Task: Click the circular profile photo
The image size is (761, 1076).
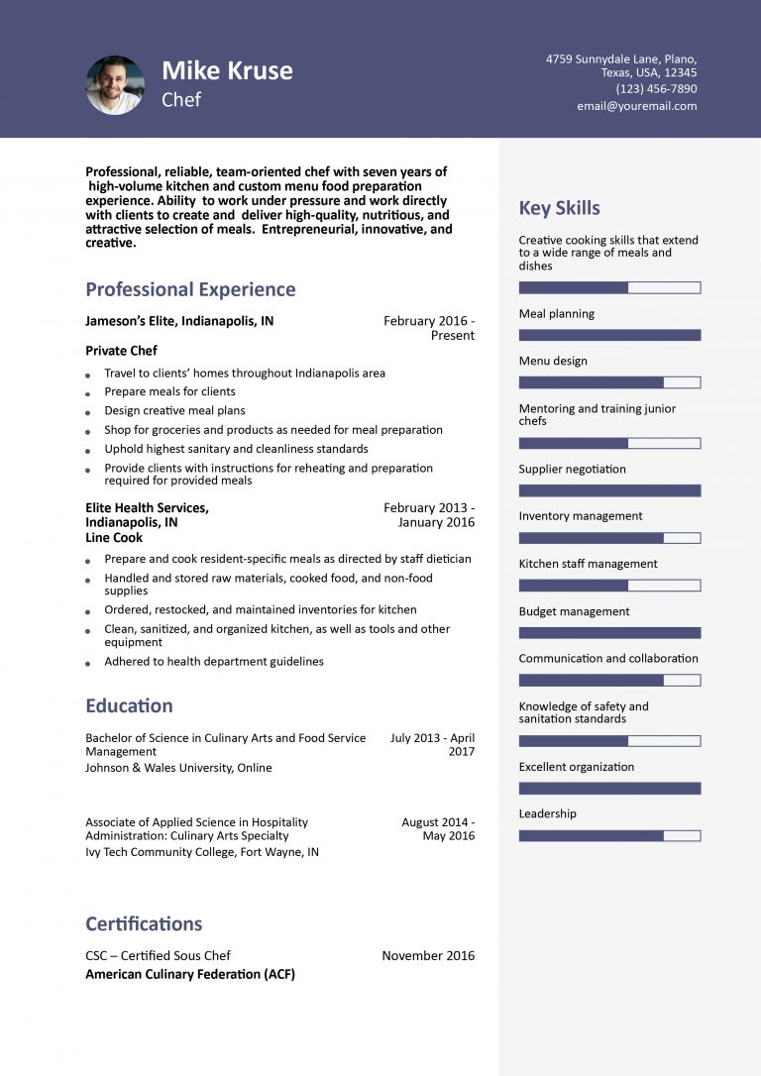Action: click(115, 85)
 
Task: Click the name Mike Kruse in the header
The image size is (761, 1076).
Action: click(227, 70)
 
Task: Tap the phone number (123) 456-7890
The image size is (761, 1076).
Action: click(656, 89)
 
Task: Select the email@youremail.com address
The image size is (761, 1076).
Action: click(636, 106)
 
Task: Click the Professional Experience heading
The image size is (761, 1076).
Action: click(190, 289)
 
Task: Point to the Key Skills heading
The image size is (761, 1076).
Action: click(559, 208)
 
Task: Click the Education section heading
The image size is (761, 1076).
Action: click(129, 705)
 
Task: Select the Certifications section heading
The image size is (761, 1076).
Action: click(144, 923)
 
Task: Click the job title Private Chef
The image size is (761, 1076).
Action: click(121, 351)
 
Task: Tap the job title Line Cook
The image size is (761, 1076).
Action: click(114, 538)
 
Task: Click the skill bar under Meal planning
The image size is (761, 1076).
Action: click(609, 335)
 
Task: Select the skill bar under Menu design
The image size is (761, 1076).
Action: click(609, 382)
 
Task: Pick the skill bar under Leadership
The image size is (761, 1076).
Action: click(609, 835)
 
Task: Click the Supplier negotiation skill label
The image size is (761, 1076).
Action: click(572, 469)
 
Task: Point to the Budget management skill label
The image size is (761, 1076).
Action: click(574, 611)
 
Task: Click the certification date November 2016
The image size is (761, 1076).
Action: click(428, 956)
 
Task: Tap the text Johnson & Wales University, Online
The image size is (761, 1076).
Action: click(178, 768)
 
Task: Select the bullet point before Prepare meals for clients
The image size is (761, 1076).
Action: click(87, 393)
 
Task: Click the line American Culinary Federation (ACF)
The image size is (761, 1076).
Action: click(190, 975)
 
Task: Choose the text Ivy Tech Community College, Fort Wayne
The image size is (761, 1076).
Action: click(202, 852)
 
